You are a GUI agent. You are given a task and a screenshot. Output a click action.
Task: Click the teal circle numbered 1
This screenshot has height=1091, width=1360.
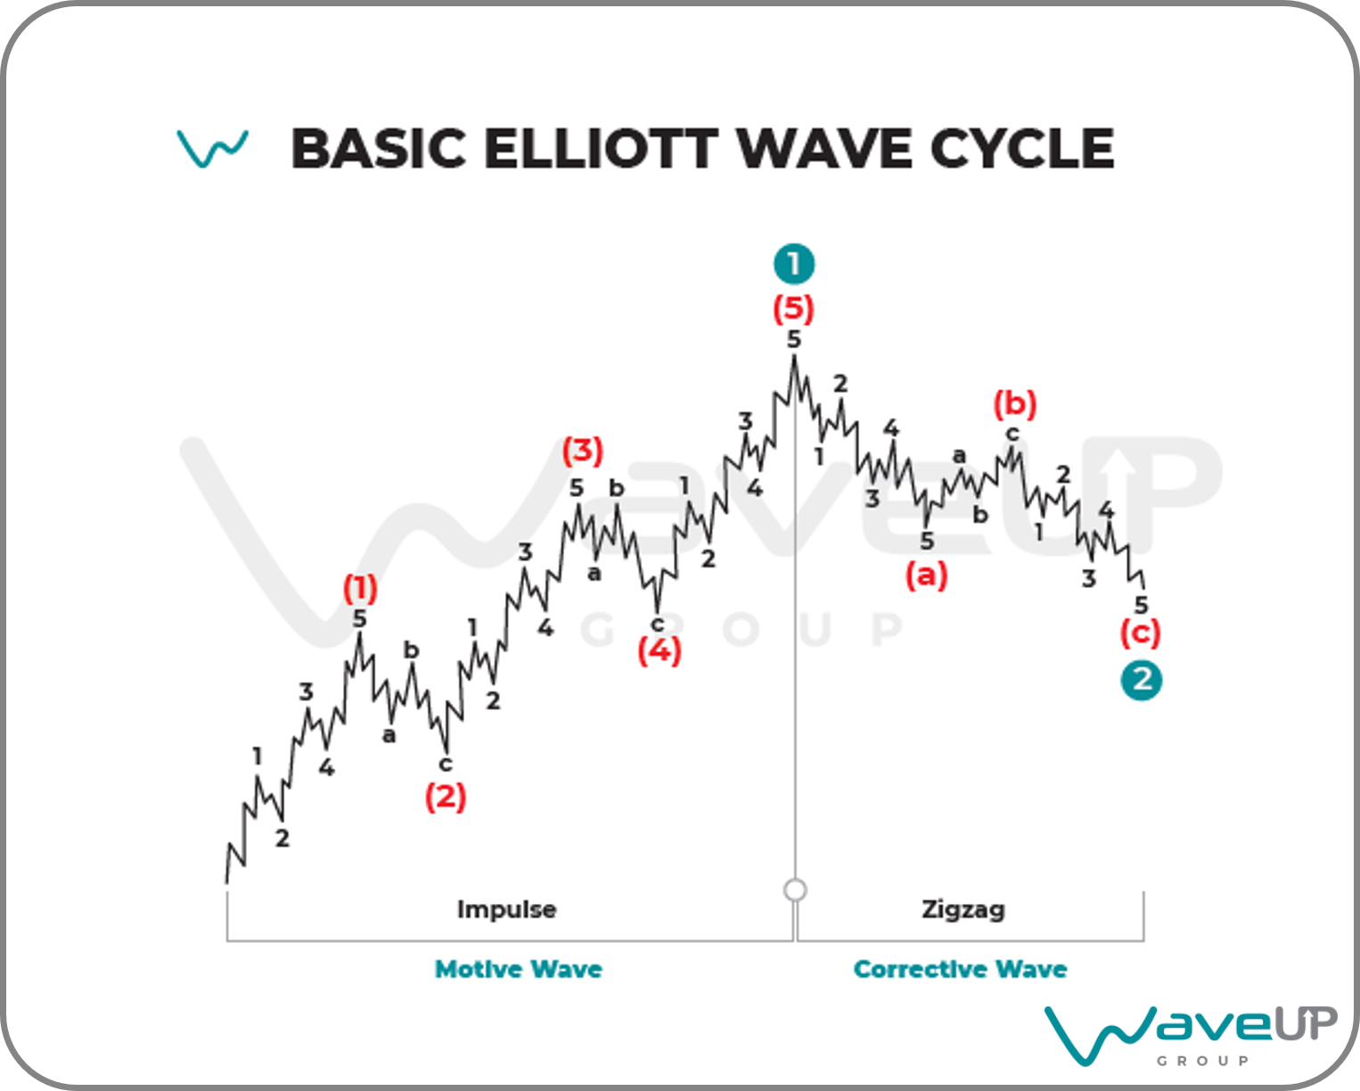coord(794,264)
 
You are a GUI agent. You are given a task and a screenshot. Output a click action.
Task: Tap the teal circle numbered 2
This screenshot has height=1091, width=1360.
coord(1142,680)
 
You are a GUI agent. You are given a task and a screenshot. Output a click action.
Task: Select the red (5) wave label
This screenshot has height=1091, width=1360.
coord(794,309)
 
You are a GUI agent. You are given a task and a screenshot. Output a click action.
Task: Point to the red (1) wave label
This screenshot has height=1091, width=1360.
coord(360,588)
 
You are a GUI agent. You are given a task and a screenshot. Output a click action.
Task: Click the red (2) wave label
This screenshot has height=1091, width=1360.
coord(446,796)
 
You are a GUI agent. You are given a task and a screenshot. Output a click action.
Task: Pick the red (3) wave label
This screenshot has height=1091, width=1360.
coord(583,451)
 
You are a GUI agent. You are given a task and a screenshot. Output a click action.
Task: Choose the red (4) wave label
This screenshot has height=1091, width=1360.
coord(660,651)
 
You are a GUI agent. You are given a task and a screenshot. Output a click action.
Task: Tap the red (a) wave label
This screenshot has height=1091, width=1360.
coord(927,575)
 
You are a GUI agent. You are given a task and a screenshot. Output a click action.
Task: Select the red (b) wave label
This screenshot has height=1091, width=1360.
coord(1016,404)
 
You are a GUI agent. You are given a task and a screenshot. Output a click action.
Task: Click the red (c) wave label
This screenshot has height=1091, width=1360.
coord(1141,633)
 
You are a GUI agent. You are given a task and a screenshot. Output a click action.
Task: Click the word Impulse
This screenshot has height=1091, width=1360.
coord(507,910)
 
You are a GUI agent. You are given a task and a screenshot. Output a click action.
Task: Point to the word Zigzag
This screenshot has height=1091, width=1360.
coord(963,910)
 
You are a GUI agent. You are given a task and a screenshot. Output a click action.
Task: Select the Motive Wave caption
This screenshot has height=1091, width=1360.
coord(518,969)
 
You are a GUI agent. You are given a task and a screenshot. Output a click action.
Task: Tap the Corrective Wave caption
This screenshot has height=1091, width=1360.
coord(960,969)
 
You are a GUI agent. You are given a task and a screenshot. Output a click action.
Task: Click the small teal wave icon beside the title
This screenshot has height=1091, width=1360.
coord(212,149)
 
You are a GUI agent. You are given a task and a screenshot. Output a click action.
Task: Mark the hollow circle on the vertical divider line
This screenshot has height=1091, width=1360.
coord(795,890)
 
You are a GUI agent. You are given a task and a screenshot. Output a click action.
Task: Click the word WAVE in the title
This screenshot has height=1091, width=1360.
coord(824,149)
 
